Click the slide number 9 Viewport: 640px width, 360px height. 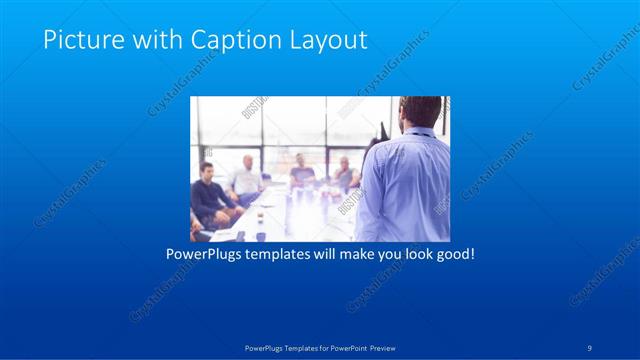point(591,348)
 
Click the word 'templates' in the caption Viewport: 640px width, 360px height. point(284,254)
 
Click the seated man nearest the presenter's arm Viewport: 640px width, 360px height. point(344,175)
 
